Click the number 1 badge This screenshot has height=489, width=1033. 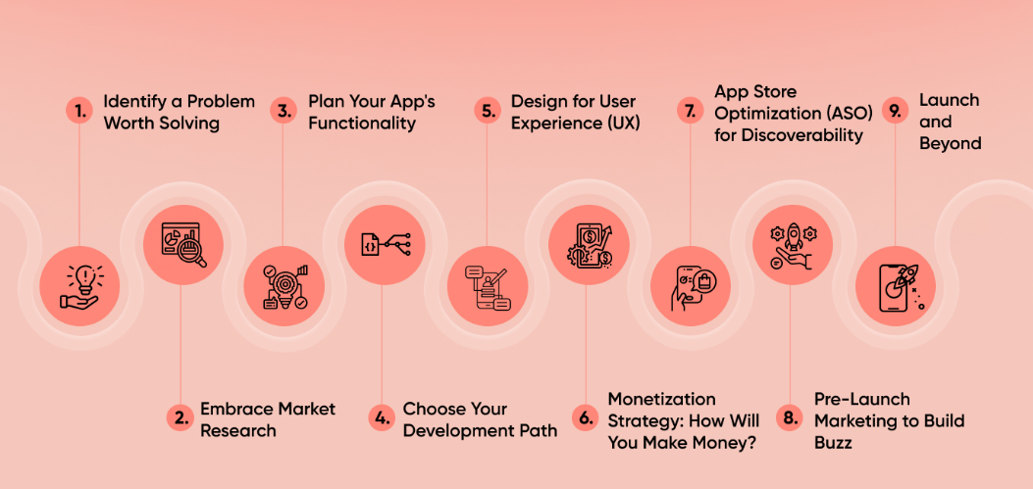pyautogui.click(x=77, y=111)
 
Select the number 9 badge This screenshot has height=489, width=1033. pyautogui.click(x=894, y=111)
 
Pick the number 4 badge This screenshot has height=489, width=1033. pyautogui.click(x=381, y=418)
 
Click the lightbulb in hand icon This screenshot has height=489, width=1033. pyautogui.click(x=78, y=285)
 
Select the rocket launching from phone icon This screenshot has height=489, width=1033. pyautogui.click(x=895, y=285)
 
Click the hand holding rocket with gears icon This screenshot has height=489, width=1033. pyautogui.click(x=792, y=244)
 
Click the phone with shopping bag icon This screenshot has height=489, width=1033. pyautogui.click(x=690, y=285)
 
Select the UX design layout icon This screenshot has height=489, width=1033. pyautogui.click(x=487, y=285)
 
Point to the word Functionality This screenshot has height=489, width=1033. pyautogui.click(x=362, y=123)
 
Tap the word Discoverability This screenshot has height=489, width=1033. pyautogui.click(x=789, y=134)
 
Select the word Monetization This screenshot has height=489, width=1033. pyautogui.click(x=661, y=399)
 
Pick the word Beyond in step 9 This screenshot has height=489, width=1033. pyautogui.click(x=950, y=143)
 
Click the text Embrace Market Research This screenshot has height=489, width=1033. pyautogui.click(x=268, y=418)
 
